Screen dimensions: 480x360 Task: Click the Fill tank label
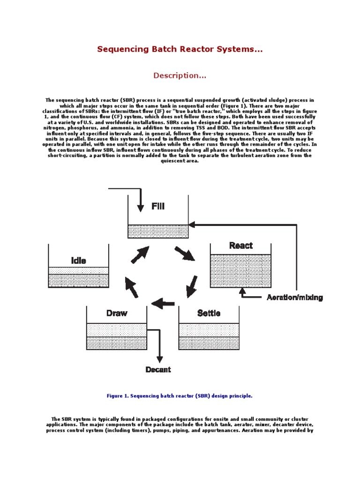click(158, 206)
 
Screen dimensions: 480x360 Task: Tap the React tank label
click(240, 246)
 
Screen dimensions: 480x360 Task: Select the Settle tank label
click(209, 313)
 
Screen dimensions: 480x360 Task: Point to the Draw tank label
click(117, 313)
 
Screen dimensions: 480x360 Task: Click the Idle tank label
click(78, 261)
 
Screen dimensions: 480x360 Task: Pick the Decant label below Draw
click(158, 370)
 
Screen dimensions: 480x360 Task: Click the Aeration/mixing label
click(294, 298)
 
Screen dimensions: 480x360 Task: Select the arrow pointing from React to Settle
click(191, 286)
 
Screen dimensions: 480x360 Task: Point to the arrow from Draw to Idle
click(132, 287)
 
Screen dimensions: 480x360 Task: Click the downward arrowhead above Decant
click(160, 359)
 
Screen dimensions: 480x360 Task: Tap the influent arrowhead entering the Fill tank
click(140, 208)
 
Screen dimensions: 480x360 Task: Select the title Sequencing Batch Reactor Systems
click(180, 49)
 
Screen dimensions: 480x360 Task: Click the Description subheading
click(180, 75)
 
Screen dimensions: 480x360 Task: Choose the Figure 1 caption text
click(180, 396)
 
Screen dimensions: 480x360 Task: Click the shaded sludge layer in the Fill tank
click(158, 231)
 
